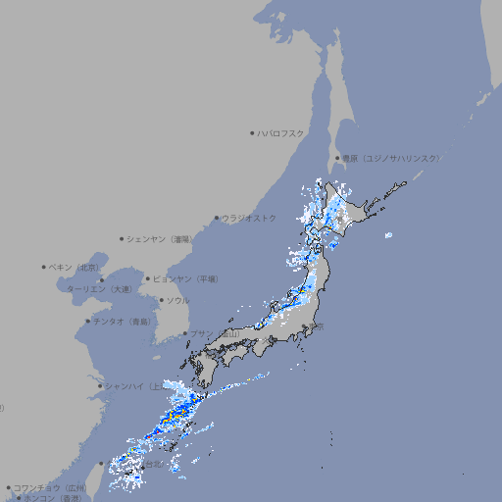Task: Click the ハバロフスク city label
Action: tap(281, 132)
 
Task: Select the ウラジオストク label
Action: tap(250, 218)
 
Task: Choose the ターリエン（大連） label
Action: tap(99, 289)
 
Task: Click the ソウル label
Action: tap(177, 300)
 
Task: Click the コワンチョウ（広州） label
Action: tap(50, 487)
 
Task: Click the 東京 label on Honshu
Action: tap(318, 326)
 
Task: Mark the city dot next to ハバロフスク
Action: tap(252, 132)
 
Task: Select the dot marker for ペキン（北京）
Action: tap(44, 267)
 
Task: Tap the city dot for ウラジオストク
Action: tap(217, 218)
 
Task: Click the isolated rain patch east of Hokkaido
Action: tap(389, 235)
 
